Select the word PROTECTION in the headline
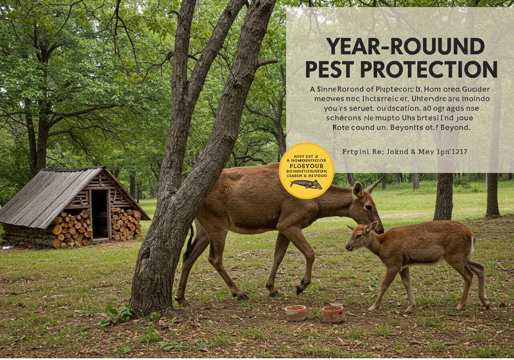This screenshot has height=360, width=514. [429, 69]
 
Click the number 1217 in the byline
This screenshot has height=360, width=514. [458, 152]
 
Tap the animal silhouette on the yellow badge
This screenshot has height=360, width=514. [306, 184]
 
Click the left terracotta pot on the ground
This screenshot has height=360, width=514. [295, 313]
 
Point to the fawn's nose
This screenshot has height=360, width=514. [347, 247]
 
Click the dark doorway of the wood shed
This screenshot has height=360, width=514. [100, 214]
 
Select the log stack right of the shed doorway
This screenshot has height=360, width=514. [126, 224]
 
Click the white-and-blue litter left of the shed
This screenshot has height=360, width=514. [8, 247]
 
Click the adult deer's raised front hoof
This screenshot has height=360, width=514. [300, 288]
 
